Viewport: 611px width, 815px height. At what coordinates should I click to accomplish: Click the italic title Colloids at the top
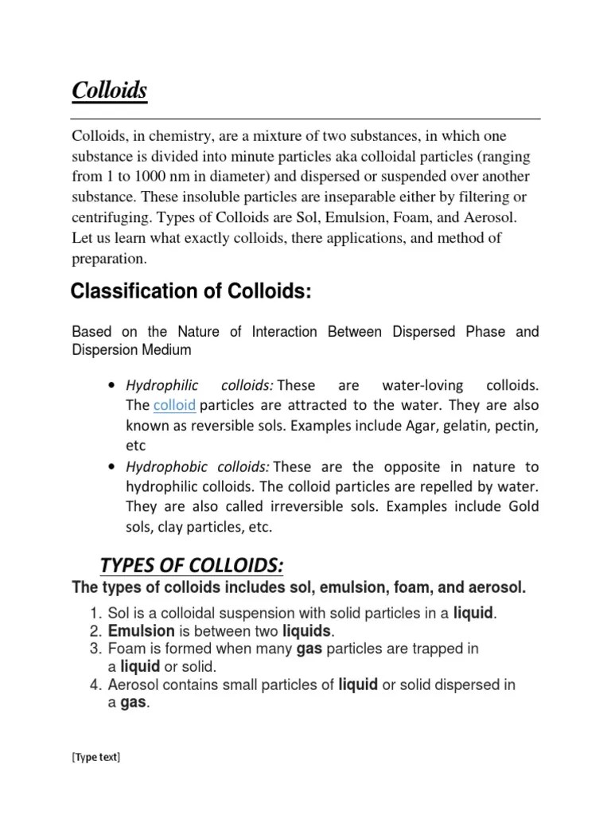point(110,91)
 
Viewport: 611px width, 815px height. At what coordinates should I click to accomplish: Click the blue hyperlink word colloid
point(174,405)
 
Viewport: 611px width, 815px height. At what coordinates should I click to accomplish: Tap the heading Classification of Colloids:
point(190,292)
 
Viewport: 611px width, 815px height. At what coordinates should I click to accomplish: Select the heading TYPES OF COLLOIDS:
point(192,565)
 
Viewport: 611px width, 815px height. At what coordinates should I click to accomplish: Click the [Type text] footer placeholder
point(95,757)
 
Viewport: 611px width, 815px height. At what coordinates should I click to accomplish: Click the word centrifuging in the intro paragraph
point(110,217)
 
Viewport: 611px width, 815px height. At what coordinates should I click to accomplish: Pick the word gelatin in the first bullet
point(471,426)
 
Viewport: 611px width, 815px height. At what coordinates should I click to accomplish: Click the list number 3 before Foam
point(92,649)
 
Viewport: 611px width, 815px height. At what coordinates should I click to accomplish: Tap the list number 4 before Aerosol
point(92,684)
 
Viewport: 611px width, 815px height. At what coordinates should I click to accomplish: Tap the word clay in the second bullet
point(168,527)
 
